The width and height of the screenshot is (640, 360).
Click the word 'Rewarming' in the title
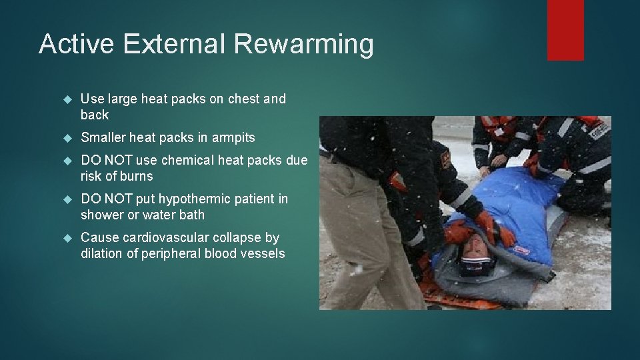[304, 45]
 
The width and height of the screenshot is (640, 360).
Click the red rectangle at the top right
[565, 30]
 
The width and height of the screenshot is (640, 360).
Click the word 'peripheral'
[166, 254]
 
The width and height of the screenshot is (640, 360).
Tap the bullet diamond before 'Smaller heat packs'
[66, 138]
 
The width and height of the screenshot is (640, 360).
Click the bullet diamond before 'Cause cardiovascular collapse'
[66, 238]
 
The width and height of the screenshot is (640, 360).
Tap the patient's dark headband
[475, 267]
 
